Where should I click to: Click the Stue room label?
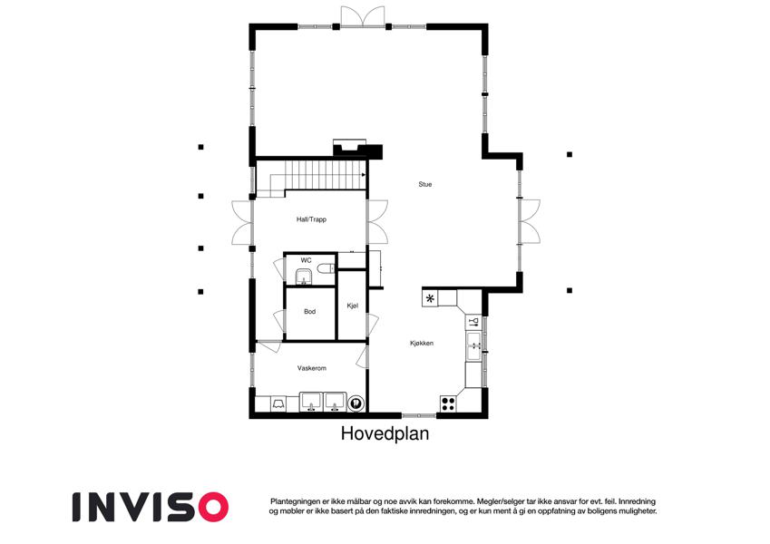pyautogui.click(x=425, y=184)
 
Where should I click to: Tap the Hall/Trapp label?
pyautogui.click(x=311, y=219)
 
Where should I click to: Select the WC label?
pyautogui.click(x=306, y=260)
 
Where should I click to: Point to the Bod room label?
pyautogui.click(x=310, y=311)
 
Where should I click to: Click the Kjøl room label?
pyautogui.click(x=353, y=306)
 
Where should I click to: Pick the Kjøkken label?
pyautogui.click(x=422, y=344)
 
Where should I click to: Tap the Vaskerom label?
pyautogui.click(x=312, y=368)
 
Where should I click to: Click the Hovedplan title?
pyautogui.click(x=385, y=433)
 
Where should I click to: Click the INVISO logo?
pyautogui.click(x=151, y=507)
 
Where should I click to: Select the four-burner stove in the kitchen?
pyautogui.click(x=448, y=403)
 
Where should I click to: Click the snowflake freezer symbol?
pyautogui.click(x=430, y=298)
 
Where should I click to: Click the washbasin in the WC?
pyautogui.click(x=305, y=277)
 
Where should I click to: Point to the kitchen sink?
pyautogui.click(x=474, y=345)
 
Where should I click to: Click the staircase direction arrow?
pyautogui.click(x=364, y=175)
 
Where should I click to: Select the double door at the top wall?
pyautogui.click(x=363, y=16)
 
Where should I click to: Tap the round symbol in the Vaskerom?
pyautogui.click(x=356, y=404)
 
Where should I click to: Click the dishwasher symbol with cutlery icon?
pyautogui.click(x=473, y=322)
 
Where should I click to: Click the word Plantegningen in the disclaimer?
pyautogui.click(x=295, y=501)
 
